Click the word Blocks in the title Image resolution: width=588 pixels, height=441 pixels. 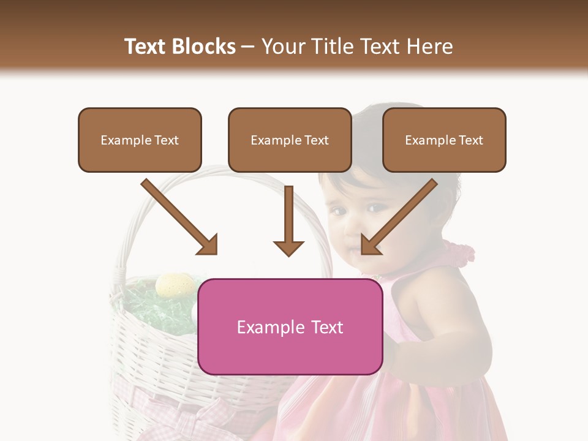(x=205, y=47)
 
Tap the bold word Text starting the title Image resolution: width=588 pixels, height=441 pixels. (x=147, y=47)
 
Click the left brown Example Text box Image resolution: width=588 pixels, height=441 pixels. (x=140, y=140)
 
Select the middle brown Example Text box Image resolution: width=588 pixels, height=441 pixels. (x=290, y=140)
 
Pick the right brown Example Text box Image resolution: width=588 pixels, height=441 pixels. (x=444, y=140)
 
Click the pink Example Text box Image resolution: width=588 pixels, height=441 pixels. (x=290, y=327)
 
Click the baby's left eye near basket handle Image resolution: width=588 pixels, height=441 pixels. (x=339, y=211)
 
